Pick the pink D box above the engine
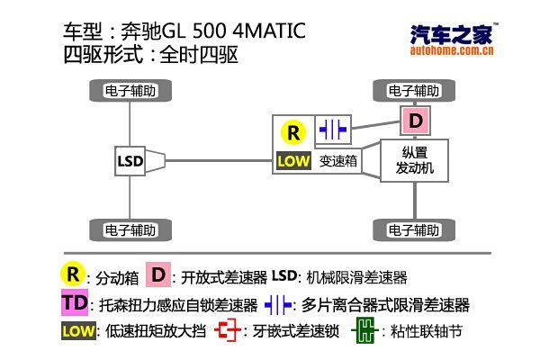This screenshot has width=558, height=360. (415, 120)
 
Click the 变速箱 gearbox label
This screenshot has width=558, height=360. (339, 162)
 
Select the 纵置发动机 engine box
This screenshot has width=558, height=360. (415, 160)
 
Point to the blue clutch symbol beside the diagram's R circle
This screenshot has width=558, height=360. (333, 130)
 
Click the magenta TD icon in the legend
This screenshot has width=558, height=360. (75, 303)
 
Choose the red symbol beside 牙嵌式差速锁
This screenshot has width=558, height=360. (229, 331)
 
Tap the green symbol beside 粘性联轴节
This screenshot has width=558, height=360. (363, 331)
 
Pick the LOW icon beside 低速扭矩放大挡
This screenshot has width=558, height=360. (77, 331)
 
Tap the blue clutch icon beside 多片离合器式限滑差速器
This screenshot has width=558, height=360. (278, 304)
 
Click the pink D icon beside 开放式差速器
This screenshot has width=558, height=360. (158, 274)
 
